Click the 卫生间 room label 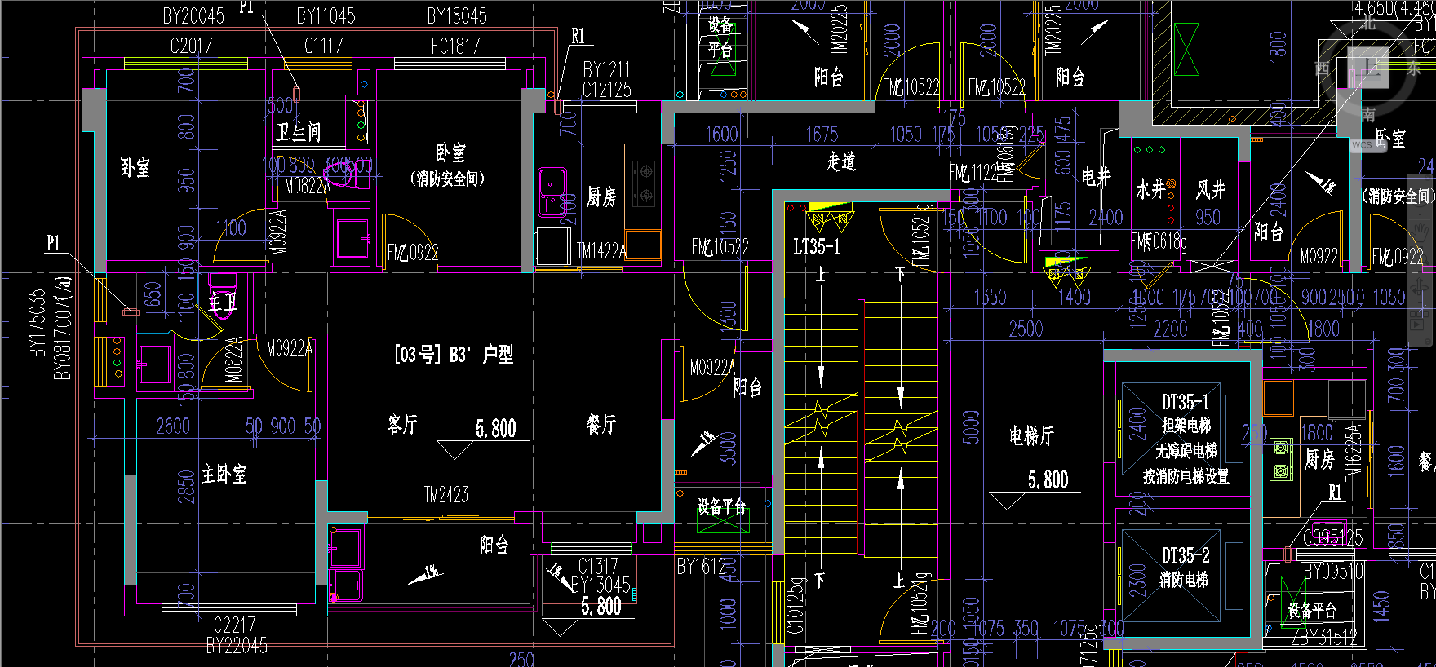(298, 131)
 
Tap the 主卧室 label (224, 474)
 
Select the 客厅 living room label (402, 424)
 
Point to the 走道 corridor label (841, 161)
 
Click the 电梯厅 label (1031, 435)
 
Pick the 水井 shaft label (1150, 189)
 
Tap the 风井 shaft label (1210, 189)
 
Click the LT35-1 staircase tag (817, 245)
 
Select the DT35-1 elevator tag (1186, 401)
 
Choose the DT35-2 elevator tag (1186, 555)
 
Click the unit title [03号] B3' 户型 (454, 354)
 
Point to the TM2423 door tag (446, 494)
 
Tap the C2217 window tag (234, 625)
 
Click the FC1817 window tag (455, 46)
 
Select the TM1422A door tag (601, 251)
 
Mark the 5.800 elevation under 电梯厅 (1048, 479)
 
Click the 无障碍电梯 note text (1186, 450)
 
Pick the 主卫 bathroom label (222, 303)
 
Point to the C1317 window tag (598, 565)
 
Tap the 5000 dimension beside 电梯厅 (971, 426)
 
